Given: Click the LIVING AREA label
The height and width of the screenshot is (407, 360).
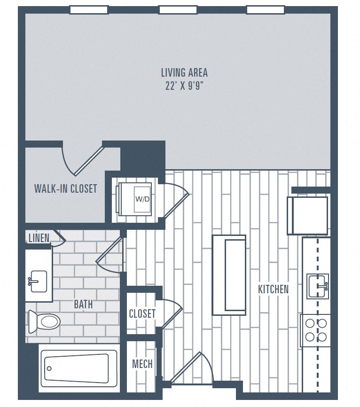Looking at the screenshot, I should [x=184, y=73].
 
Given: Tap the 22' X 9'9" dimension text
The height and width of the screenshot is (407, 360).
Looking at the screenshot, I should [x=184, y=86].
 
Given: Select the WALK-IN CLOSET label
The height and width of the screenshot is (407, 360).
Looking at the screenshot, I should [x=65, y=189].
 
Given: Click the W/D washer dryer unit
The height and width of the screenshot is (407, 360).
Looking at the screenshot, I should [x=135, y=199].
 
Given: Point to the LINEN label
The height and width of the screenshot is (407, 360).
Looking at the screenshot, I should [x=39, y=238].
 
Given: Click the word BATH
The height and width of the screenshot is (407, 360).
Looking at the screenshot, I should [x=83, y=305].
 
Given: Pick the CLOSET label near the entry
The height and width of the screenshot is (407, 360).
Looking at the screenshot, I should [x=142, y=313].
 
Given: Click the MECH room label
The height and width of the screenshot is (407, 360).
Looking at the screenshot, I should [x=142, y=364].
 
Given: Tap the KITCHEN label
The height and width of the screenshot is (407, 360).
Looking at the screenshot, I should [x=273, y=290].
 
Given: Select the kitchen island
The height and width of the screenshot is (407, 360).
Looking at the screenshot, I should [x=229, y=275].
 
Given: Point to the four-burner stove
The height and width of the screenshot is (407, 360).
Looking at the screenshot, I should [x=316, y=330].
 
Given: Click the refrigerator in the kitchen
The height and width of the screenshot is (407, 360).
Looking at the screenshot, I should [x=308, y=216].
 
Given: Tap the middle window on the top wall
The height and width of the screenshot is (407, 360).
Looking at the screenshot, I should [x=178, y=10].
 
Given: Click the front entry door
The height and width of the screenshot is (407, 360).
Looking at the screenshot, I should [x=188, y=369].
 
